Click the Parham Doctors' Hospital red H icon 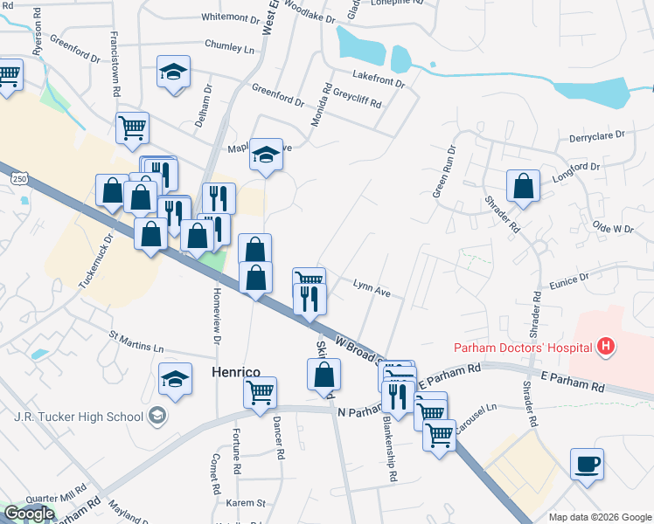pyautogui.click(x=605, y=348)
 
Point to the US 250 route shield pyautogui.click(x=18, y=178)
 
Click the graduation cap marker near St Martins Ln pyautogui.click(x=176, y=380)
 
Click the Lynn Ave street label pyautogui.click(x=371, y=284)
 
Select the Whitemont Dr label pyautogui.click(x=225, y=17)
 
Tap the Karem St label pyautogui.click(x=246, y=503)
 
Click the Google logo pyautogui.click(x=29, y=514)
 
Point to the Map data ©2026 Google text pyautogui.click(x=598, y=516)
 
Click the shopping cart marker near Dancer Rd pyautogui.click(x=261, y=393)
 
